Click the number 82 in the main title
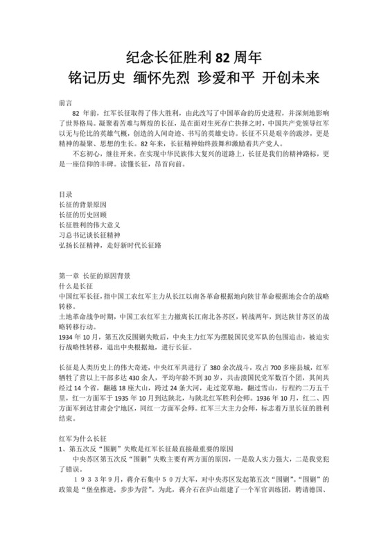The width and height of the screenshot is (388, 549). [x=222, y=56]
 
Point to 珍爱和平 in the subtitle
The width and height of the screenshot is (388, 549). [x=229, y=76]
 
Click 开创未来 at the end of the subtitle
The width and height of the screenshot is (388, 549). [x=294, y=76]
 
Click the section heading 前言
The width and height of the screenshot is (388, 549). [x=67, y=102]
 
